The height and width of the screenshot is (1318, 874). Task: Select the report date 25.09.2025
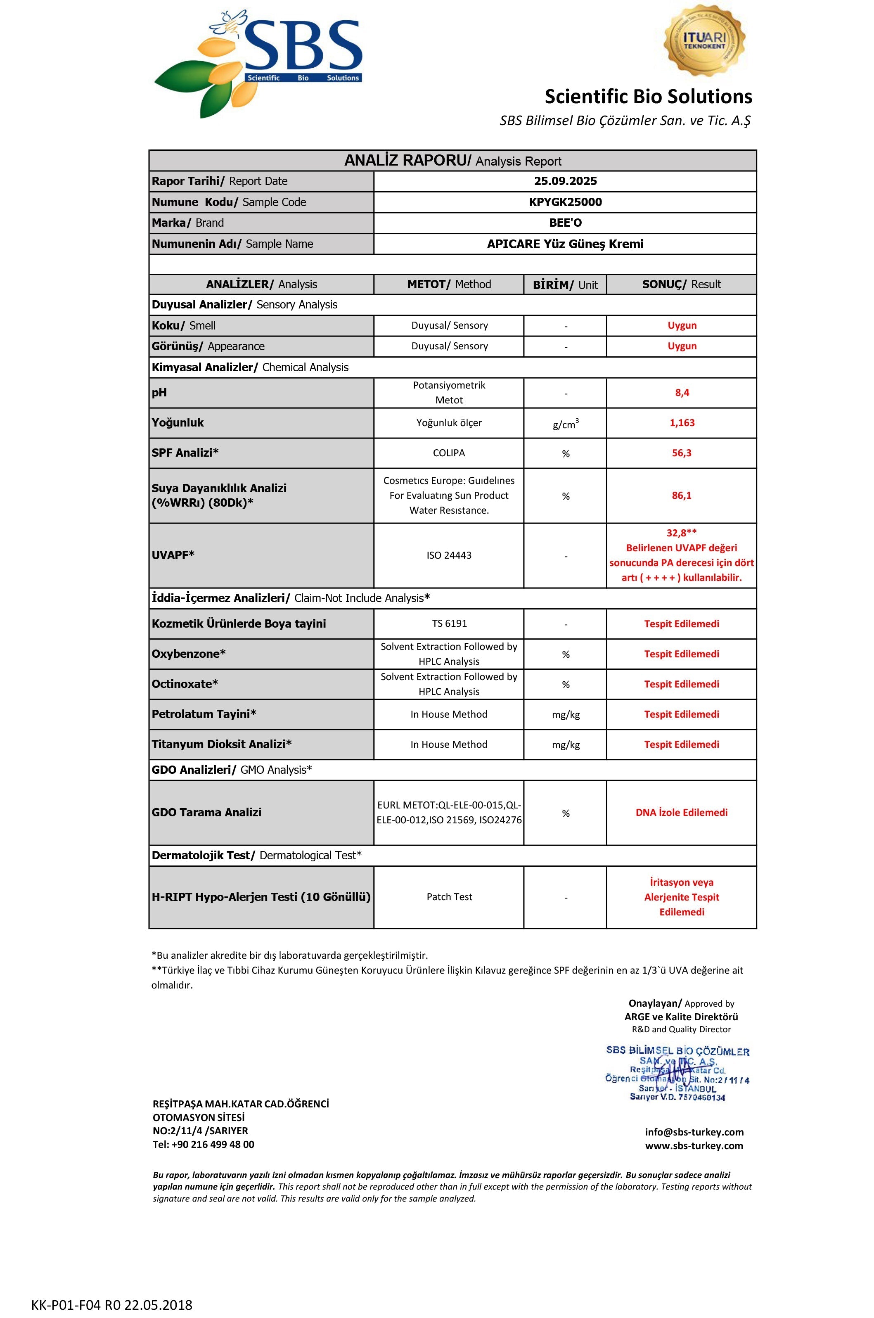565,181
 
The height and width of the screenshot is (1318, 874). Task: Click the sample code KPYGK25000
565,202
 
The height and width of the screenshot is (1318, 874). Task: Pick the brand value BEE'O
565,223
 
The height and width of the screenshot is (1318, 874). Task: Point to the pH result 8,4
682,393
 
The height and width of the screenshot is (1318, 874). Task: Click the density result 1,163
682,422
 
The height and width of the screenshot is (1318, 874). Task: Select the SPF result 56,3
682,453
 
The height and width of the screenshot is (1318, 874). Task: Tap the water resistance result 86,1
682,495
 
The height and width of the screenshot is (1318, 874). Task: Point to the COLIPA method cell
449,453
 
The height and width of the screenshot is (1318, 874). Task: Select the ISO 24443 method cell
449,555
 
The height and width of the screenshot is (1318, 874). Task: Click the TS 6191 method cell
449,623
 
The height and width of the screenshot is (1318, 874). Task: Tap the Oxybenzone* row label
189,653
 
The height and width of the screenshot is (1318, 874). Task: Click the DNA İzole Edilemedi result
681,812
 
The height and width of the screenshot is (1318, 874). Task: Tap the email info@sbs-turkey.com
694,1132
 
